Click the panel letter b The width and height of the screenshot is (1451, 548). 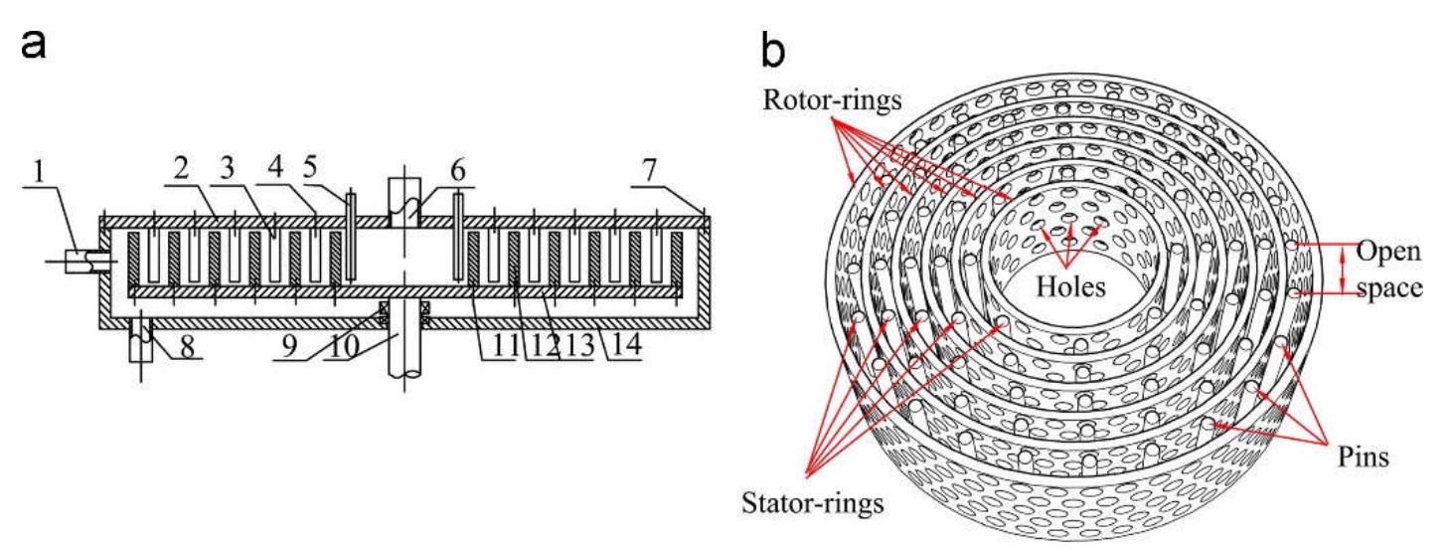773,50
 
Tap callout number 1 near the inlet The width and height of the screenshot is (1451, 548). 39,172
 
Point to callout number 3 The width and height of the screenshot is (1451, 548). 227,169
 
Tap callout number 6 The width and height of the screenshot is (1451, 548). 457,170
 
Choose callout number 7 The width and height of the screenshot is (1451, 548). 649,170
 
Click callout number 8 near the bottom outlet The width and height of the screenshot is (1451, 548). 187,346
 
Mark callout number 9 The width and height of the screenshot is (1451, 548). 289,346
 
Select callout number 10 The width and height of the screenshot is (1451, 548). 344,346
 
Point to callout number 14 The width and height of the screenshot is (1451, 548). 625,344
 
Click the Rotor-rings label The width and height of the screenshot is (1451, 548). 833,99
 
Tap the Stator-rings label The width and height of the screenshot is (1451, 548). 812,503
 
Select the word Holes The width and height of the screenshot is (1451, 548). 1070,286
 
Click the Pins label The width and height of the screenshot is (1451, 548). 1364,457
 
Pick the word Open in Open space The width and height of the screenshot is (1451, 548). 1388,252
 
